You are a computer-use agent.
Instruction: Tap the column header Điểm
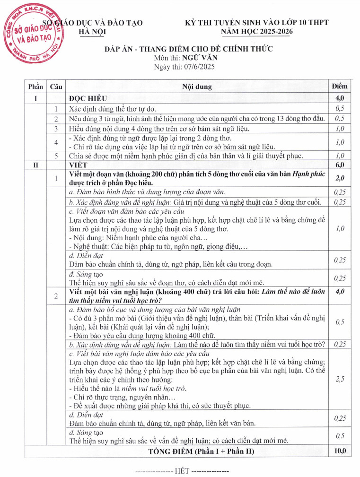340,87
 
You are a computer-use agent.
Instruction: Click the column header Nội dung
197,87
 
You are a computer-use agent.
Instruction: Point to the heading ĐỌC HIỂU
88,98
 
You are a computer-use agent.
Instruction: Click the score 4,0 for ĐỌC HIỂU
340,98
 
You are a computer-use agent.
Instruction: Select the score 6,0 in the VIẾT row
340,165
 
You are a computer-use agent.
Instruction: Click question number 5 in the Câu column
56,156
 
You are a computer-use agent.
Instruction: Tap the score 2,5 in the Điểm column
340,379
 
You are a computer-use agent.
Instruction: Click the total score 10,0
340,451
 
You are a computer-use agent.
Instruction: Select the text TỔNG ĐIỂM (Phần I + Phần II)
201,451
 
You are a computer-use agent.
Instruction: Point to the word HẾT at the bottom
182,471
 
